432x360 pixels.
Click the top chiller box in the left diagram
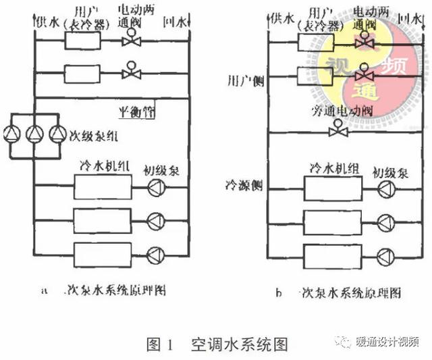pyautogui.click(x=102, y=187)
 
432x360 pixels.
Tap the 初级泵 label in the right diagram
pyautogui.click(x=389, y=170)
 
